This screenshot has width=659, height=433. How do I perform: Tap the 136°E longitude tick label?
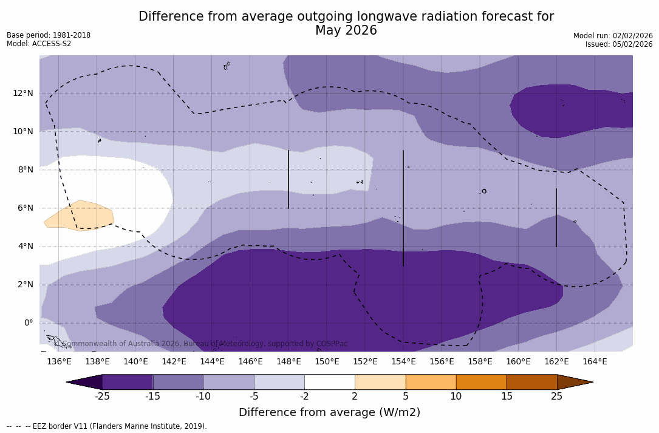click(59, 362)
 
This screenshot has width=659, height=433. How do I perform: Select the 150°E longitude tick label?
click(327, 362)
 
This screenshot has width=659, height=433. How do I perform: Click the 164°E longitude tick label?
click(595, 362)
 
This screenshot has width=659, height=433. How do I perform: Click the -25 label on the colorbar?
click(102, 397)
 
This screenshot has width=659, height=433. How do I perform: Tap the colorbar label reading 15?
click(506, 397)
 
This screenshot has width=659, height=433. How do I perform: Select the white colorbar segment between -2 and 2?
click(329, 382)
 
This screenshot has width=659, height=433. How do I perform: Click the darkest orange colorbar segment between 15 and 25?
click(531, 382)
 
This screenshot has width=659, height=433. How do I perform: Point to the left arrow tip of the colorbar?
click(69, 382)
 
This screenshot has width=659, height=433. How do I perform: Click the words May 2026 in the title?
click(346, 30)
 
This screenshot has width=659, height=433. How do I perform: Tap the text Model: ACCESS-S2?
click(39, 44)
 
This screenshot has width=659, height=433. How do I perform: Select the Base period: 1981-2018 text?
click(49, 35)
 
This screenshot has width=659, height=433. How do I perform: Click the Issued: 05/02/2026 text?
click(619, 44)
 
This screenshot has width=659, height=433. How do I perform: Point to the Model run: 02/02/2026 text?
click(613, 36)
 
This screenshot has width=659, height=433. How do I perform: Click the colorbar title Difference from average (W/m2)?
click(329, 413)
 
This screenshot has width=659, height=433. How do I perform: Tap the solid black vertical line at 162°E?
click(556, 217)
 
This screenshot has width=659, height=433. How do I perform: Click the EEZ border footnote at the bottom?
click(107, 426)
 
